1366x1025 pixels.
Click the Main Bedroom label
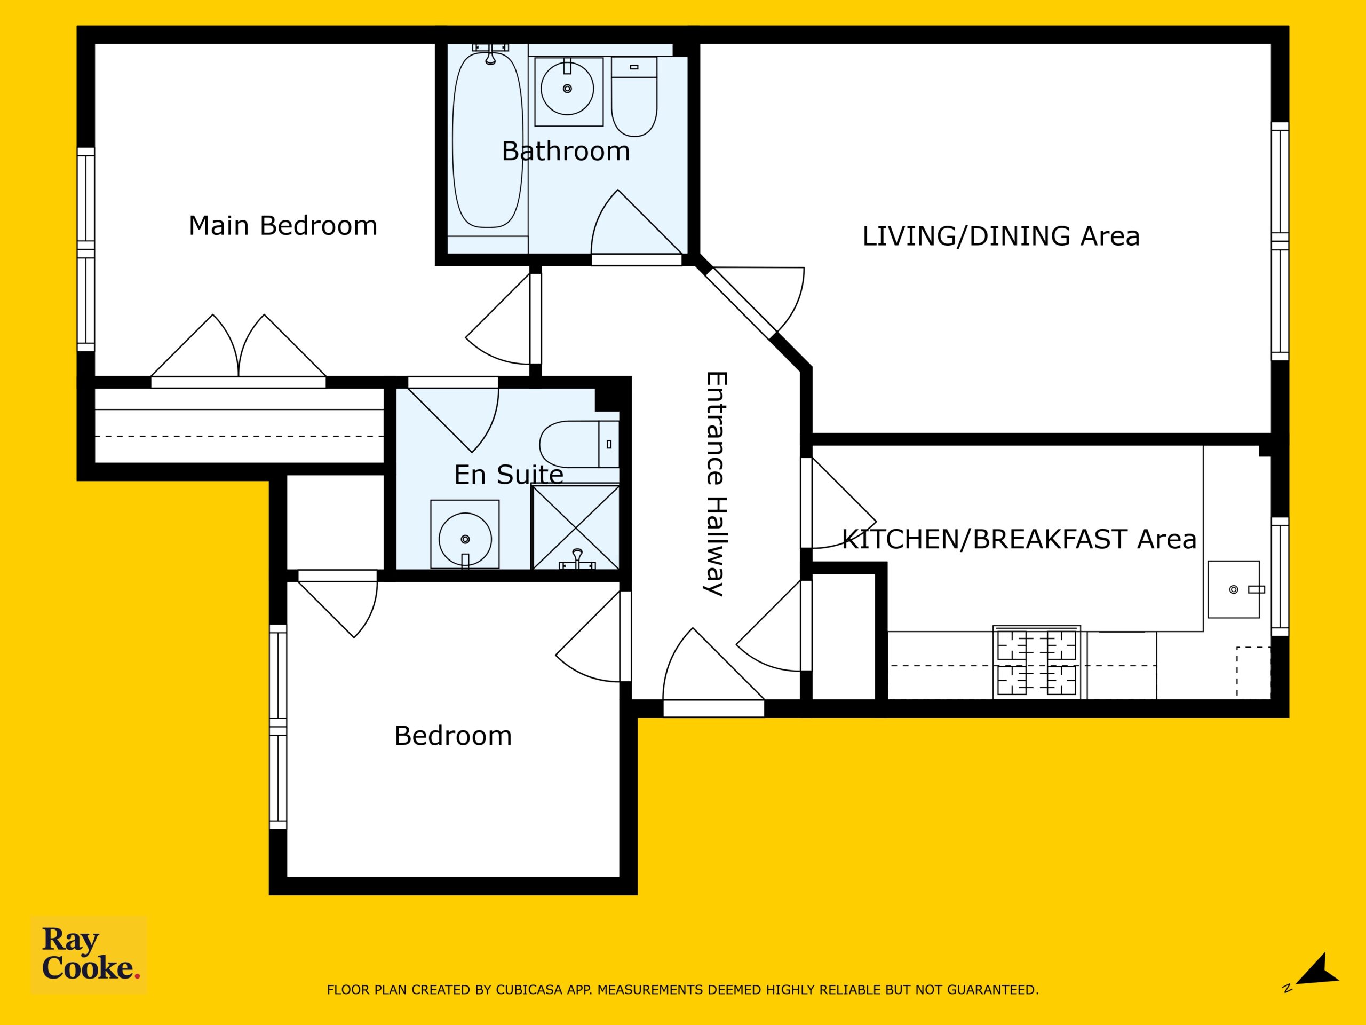click(283, 225)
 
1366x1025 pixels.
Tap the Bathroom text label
click(566, 152)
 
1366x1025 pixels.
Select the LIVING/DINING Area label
click(1000, 236)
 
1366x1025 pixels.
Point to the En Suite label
click(508, 475)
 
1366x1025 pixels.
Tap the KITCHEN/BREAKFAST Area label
click(1019, 539)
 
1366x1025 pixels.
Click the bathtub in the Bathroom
click(488, 141)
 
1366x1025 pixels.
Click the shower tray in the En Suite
click(576, 527)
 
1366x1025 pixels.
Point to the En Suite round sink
click(465, 539)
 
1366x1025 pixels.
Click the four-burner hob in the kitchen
click(1037, 661)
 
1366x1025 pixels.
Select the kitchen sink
click(1234, 589)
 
